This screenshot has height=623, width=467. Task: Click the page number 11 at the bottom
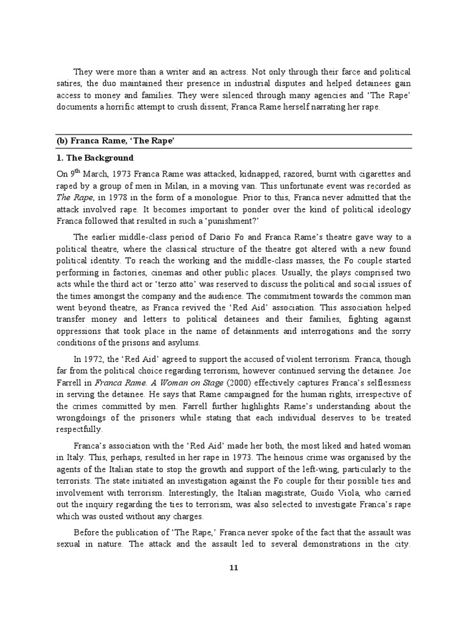pyautogui.click(x=233, y=568)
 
